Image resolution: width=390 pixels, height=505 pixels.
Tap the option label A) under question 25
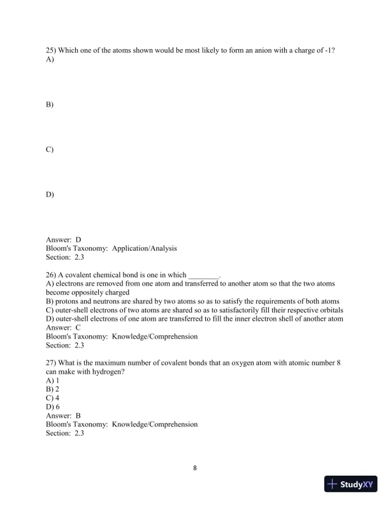[50, 59]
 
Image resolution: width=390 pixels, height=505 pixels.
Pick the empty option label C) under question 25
[50, 149]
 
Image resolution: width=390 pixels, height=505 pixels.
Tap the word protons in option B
[68, 301]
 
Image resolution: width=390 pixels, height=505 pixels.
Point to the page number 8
[195, 468]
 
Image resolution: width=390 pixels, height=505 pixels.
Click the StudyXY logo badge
[350, 484]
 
